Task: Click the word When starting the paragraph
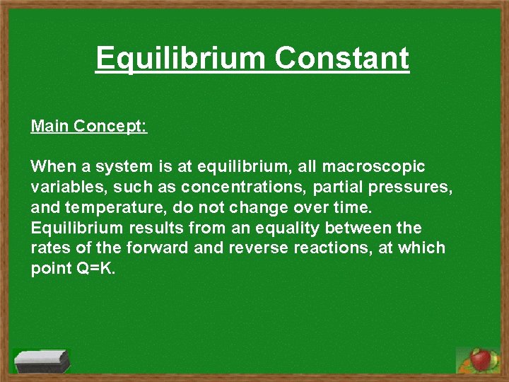(x=51, y=167)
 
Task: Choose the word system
(x=120, y=167)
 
